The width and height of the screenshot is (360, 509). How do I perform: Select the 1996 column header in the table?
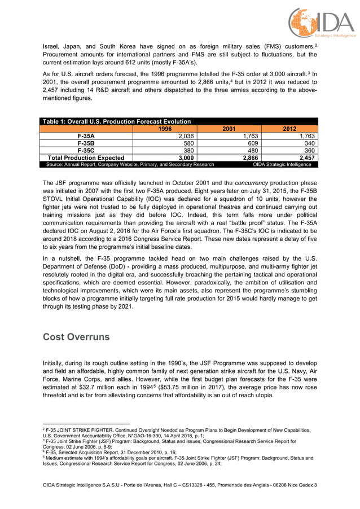[x=164, y=129]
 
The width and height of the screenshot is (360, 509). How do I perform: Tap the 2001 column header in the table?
[x=229, y=129]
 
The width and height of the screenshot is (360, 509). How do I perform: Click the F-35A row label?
[x=86, y=136]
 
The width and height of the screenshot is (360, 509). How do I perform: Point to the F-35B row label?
[x=86, y=143]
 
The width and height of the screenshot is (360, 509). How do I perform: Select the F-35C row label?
[x=86, y=151]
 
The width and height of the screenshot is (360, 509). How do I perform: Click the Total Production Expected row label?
[x=86, y=158]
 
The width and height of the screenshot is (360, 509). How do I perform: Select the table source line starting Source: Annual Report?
[x=130, y=165]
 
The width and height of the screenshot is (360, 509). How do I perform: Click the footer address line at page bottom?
[x=180, y=485]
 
